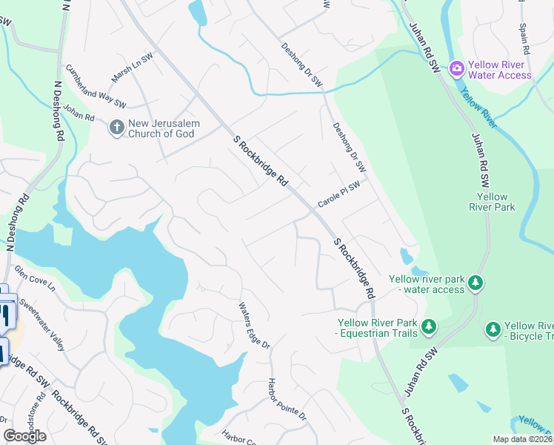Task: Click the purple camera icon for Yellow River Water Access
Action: [x=457, y=69]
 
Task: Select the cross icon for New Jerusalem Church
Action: [x=116, y=128]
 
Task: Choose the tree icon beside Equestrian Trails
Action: [x=428, y=326]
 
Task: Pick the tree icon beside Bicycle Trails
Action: [x=493, y=329]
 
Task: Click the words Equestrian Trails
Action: [x=378, y=334]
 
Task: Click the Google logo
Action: [x=24, y=436]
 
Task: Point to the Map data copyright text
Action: [x=523, y=439]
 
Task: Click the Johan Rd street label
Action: [x=79, y=113]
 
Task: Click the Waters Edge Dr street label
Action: [x=254, y=326]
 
